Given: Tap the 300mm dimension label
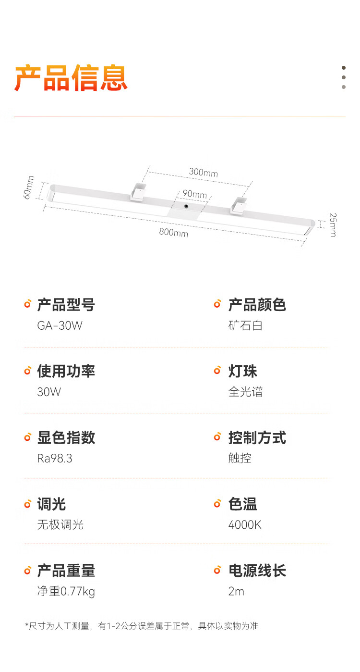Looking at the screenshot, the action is click(203, 172).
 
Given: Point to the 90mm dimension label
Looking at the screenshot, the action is click(194, 194).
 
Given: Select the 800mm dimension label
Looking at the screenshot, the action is click(174, 233).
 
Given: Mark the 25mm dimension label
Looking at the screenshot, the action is click(332, 224).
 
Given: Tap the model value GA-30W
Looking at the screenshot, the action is click(60, 326).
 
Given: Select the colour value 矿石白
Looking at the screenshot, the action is click(245, 326).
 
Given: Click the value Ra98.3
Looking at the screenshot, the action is click(55, 459).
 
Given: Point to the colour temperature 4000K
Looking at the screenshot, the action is click(245, 525).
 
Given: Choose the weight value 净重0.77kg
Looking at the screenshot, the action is click(66, 591).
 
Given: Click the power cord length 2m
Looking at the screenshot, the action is click(236, 591).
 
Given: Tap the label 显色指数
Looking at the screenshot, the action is click(66, 437).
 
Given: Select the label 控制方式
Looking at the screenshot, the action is click(257, 437).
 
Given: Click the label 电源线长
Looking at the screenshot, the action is click(257, 571).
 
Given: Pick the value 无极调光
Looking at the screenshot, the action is click(60, 525).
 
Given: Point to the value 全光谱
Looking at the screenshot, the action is click(245, 392).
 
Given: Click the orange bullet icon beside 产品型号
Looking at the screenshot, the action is click(28, 304).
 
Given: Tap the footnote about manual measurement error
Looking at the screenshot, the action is click(142, 626).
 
